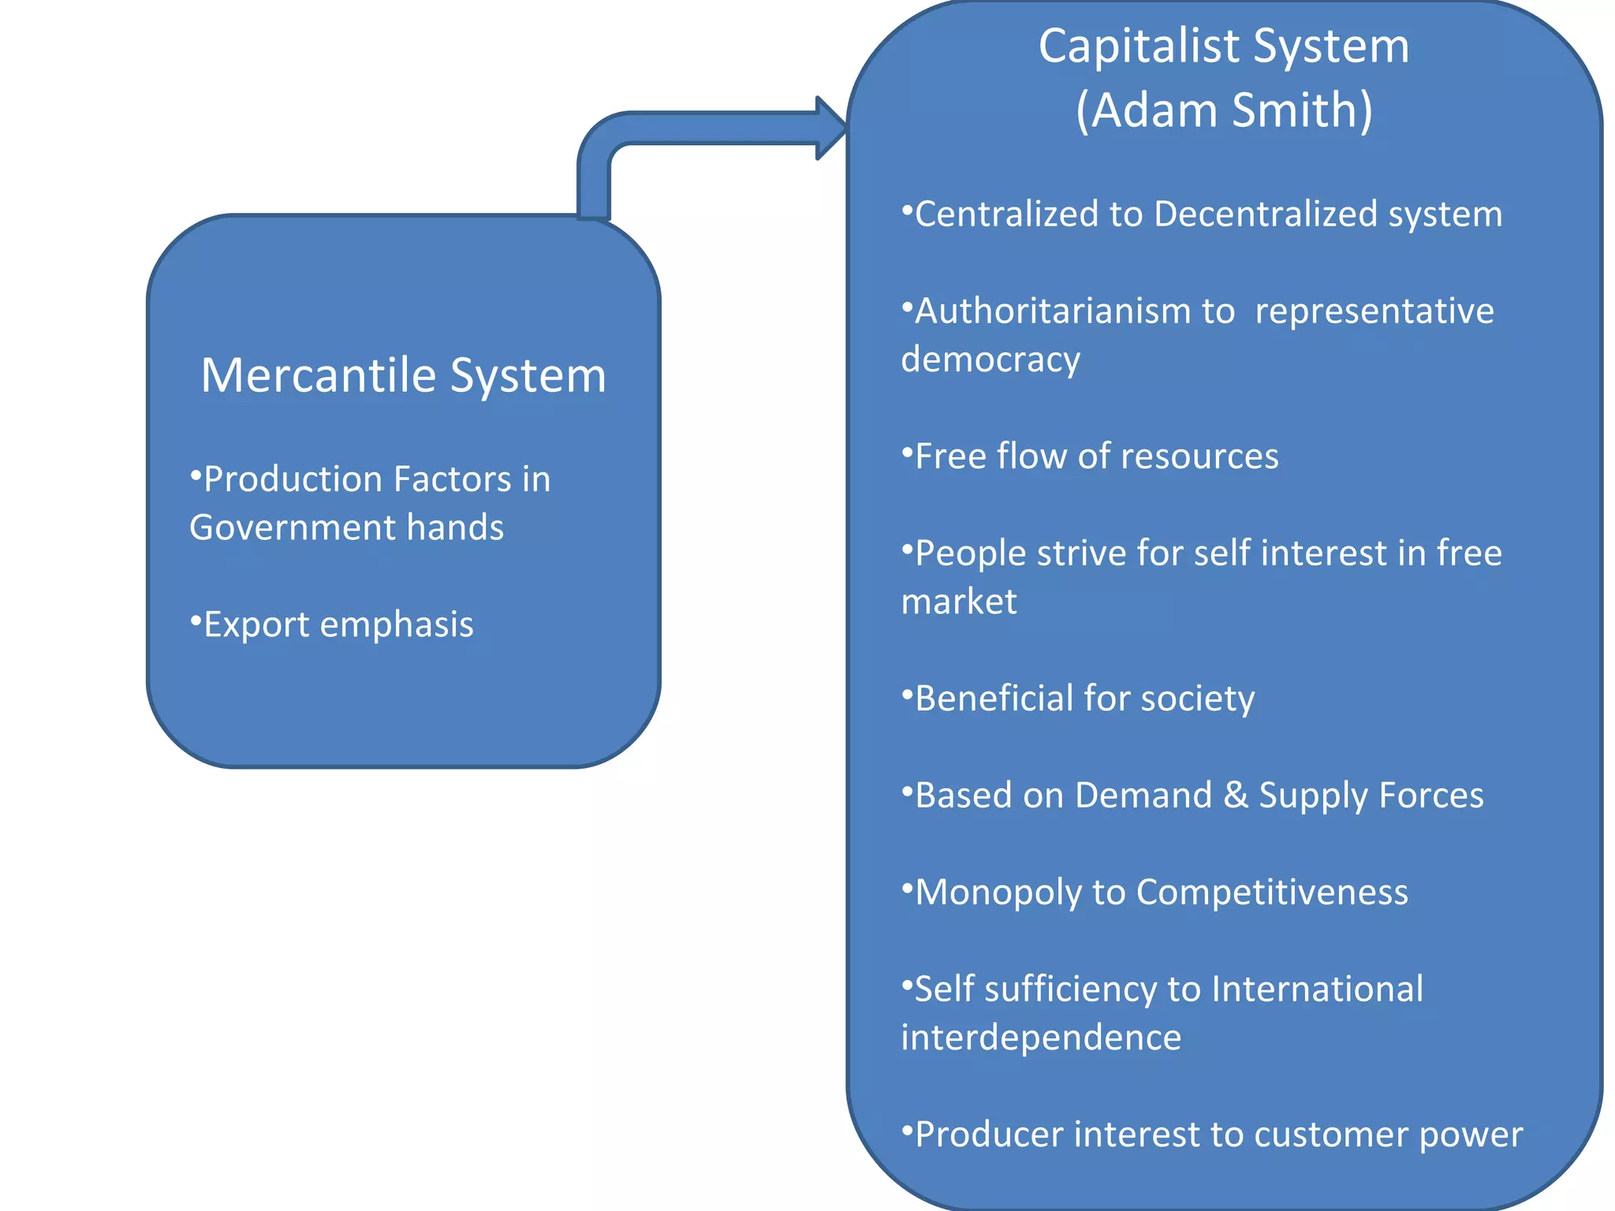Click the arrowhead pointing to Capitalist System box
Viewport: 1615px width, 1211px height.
(x=830, y=128)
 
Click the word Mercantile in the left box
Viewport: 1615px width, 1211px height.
(x=319, y=375)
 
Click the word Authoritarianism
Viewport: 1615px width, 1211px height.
(x=1053, y=311)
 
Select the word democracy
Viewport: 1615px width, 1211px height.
(x=990, y=360)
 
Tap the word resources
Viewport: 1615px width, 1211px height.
(x=1199, y=456)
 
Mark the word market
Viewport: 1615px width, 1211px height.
(x=959, y=602)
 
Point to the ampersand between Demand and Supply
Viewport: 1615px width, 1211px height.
(x=1236, y=796)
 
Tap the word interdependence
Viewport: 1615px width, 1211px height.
(x=1041, y=1038)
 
